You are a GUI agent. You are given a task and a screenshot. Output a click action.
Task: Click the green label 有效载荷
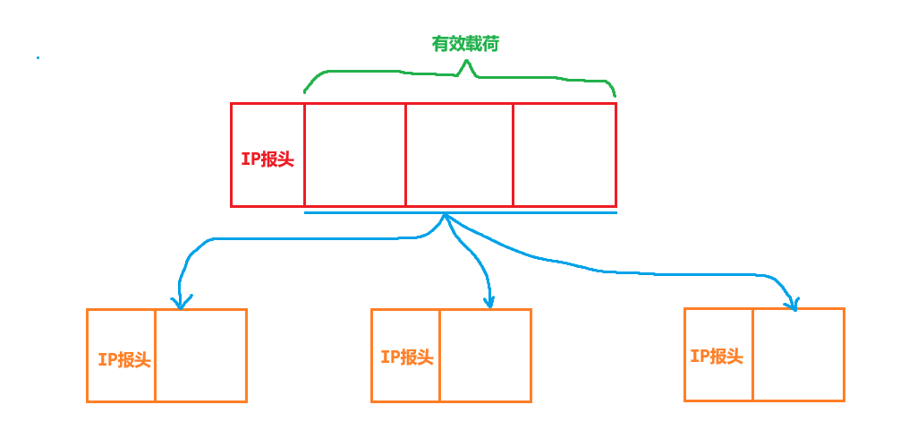coord(465,44)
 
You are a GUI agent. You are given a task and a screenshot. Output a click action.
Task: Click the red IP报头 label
coord(267,159)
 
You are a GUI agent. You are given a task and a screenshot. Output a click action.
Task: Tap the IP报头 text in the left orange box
coord(123,359)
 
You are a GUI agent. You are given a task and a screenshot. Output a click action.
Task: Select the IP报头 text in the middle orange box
coord(406,357)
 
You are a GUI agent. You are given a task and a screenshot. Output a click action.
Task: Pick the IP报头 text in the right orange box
coord(717,356)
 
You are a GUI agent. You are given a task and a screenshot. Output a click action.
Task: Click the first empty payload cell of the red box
coord(354,155)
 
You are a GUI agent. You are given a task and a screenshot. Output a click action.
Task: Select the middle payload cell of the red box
coord(459,155)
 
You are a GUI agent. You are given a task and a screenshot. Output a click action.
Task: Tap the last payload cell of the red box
coord(565,155)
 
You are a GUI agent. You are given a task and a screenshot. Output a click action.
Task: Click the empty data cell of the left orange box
coord(200,356)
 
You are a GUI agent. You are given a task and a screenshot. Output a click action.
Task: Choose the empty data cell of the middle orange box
coord(485,356)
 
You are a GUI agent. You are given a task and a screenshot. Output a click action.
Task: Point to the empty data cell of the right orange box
coord(798,355)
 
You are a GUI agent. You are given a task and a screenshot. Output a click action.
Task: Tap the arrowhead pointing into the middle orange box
coord(488,303)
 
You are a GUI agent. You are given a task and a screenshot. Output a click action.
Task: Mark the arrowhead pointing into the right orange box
coord(791,305)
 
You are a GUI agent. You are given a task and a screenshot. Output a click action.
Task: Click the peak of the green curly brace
coord(464,63)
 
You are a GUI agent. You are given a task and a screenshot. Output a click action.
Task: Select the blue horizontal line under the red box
coord(537,213)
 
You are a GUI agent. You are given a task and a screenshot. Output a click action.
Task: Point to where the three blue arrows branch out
coord(446,217)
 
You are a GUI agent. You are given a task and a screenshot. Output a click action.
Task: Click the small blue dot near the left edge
coord(38,58)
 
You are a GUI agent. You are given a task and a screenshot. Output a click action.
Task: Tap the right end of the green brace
coord(615,94)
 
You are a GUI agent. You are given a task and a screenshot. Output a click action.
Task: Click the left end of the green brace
coord(305,90)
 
